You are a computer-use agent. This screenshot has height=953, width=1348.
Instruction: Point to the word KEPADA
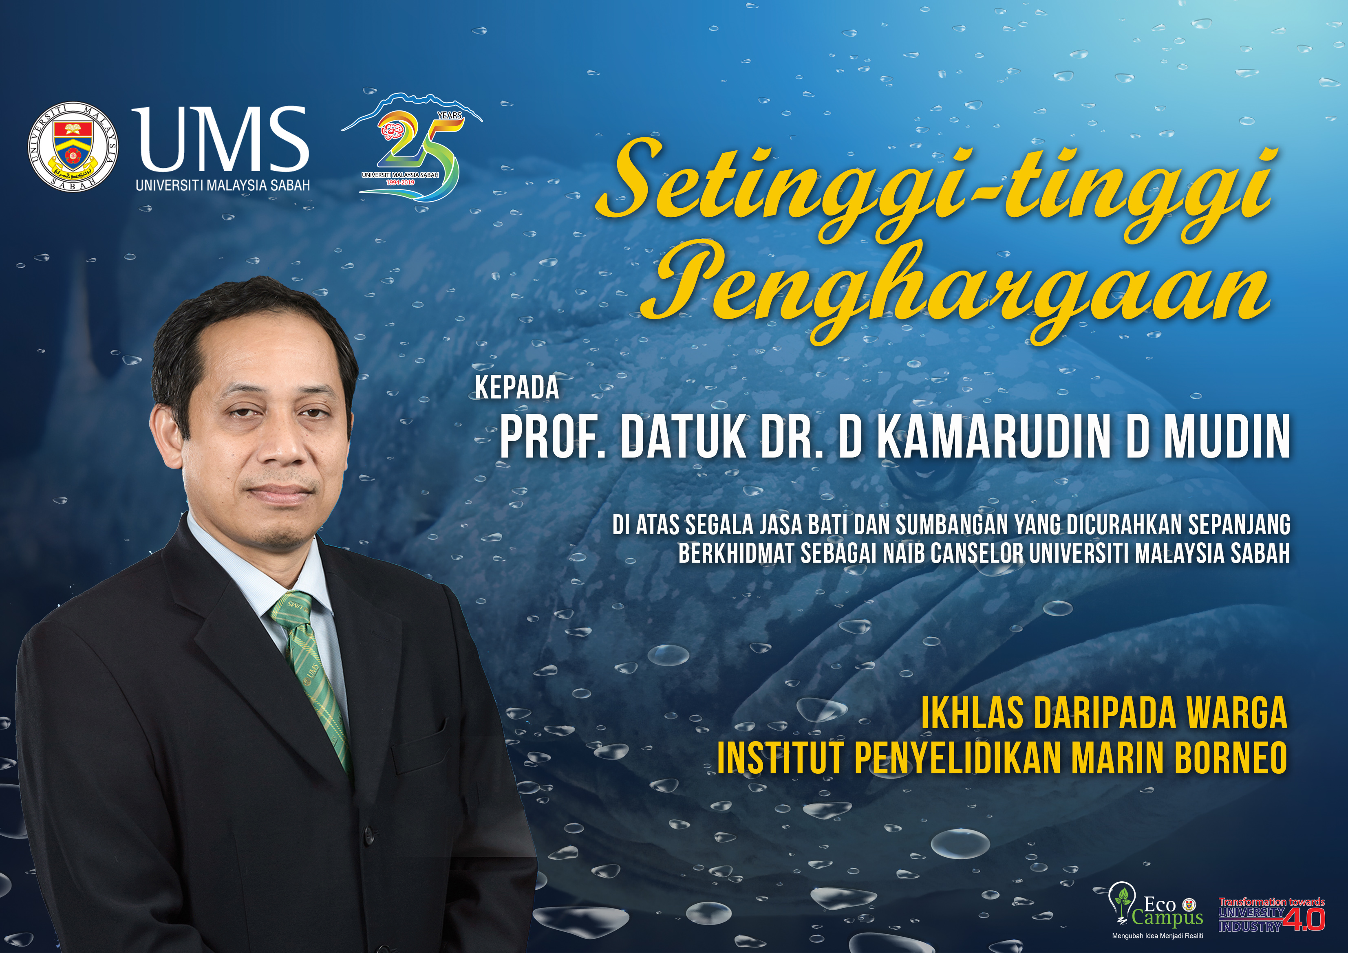coord(516,388)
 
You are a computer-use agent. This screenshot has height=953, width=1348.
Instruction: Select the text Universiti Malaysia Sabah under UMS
coord(223,185)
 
